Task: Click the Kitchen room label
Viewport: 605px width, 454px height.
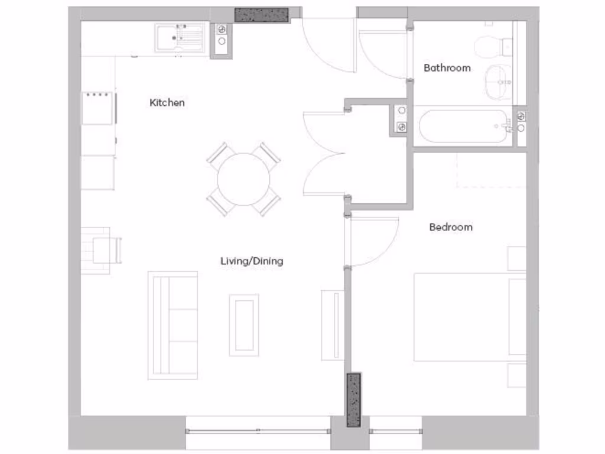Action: [x=167, y=103]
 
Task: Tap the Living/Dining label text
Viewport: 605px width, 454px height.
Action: [x=252, y=261]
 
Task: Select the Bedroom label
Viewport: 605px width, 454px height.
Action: [x=451, y=227]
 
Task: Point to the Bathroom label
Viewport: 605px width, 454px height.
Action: [x=447, y=68]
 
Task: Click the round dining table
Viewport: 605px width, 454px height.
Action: [x=243, y=179]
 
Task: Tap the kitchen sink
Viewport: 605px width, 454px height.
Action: [x=180, y=38]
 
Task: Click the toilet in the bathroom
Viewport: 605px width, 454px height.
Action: [x=494, y=44]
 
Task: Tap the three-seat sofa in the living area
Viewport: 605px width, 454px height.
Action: [x=173, y=325]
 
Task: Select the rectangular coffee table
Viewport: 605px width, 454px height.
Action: [x=243, y=325]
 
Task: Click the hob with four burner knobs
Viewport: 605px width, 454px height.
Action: [x=99, y=107]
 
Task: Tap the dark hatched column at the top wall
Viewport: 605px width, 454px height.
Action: [x=261, y=15]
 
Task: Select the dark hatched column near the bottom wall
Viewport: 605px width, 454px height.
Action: [x=353, y=400]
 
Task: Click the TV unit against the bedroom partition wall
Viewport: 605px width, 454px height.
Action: [x=332, y=325]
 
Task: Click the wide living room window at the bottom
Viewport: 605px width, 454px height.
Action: [x=258, y=432]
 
